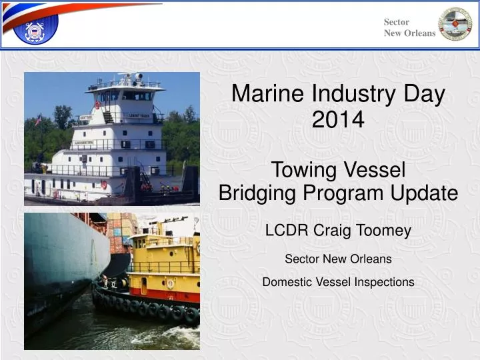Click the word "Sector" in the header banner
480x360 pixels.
(x=397, y=22)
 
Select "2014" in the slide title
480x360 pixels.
(x=338, y=120)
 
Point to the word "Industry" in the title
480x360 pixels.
(x=347, y=95)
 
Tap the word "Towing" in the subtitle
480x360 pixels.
(x=304, y=170)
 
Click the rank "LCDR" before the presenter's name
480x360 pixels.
(x=287, y=231)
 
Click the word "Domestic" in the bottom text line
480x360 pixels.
(x=288, y=282)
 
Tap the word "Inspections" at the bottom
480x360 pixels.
(x=384, y=282)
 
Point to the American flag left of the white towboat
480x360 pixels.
(x=38, y=121)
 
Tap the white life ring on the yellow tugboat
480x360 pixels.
(x=171, y=283)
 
